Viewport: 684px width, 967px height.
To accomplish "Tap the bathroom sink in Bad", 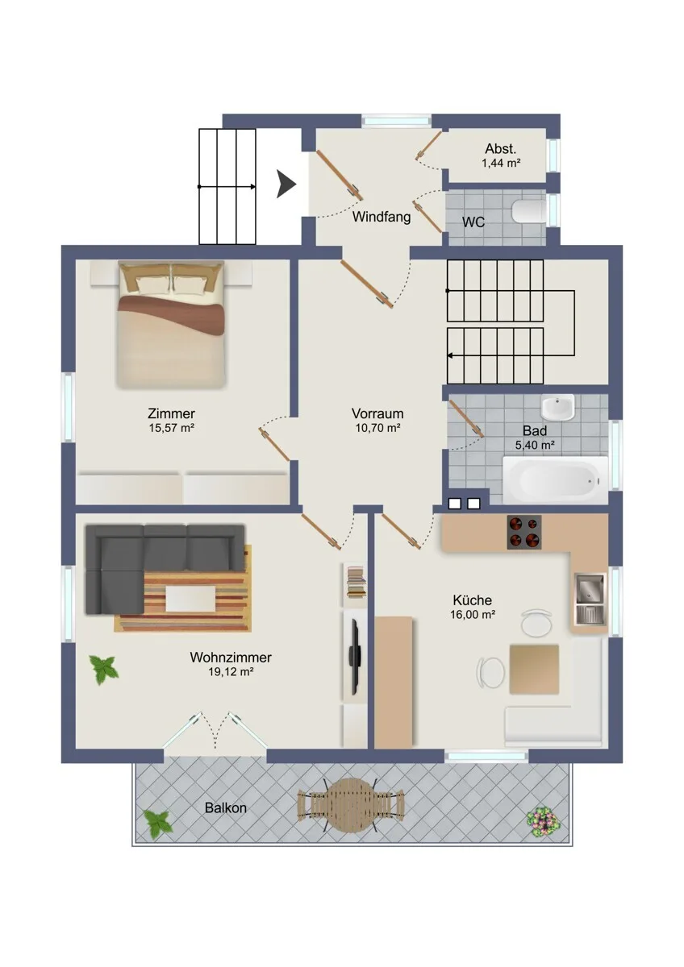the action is (x=558, y=407).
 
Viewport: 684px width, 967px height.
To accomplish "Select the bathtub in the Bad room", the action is (x=555, y=480).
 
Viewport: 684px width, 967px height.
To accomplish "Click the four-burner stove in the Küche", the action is (x=524, y=533).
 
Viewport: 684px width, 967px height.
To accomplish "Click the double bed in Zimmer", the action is (x=172, y=324).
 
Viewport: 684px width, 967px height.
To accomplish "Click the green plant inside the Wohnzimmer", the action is (x=104, y=669).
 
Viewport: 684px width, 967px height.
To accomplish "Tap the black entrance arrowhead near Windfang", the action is (x=286, y=185).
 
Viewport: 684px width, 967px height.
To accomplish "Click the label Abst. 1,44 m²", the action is (x=501, y=156).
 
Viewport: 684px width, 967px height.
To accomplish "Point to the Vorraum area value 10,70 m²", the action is (x=377, y=428).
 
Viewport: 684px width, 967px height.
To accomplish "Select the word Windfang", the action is (x=382, y=217).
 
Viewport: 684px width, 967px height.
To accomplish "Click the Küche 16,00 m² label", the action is (x=473, y=607).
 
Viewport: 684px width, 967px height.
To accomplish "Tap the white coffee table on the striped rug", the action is (x=190, y=599).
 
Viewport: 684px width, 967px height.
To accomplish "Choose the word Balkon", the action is (x=226, y=808).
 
